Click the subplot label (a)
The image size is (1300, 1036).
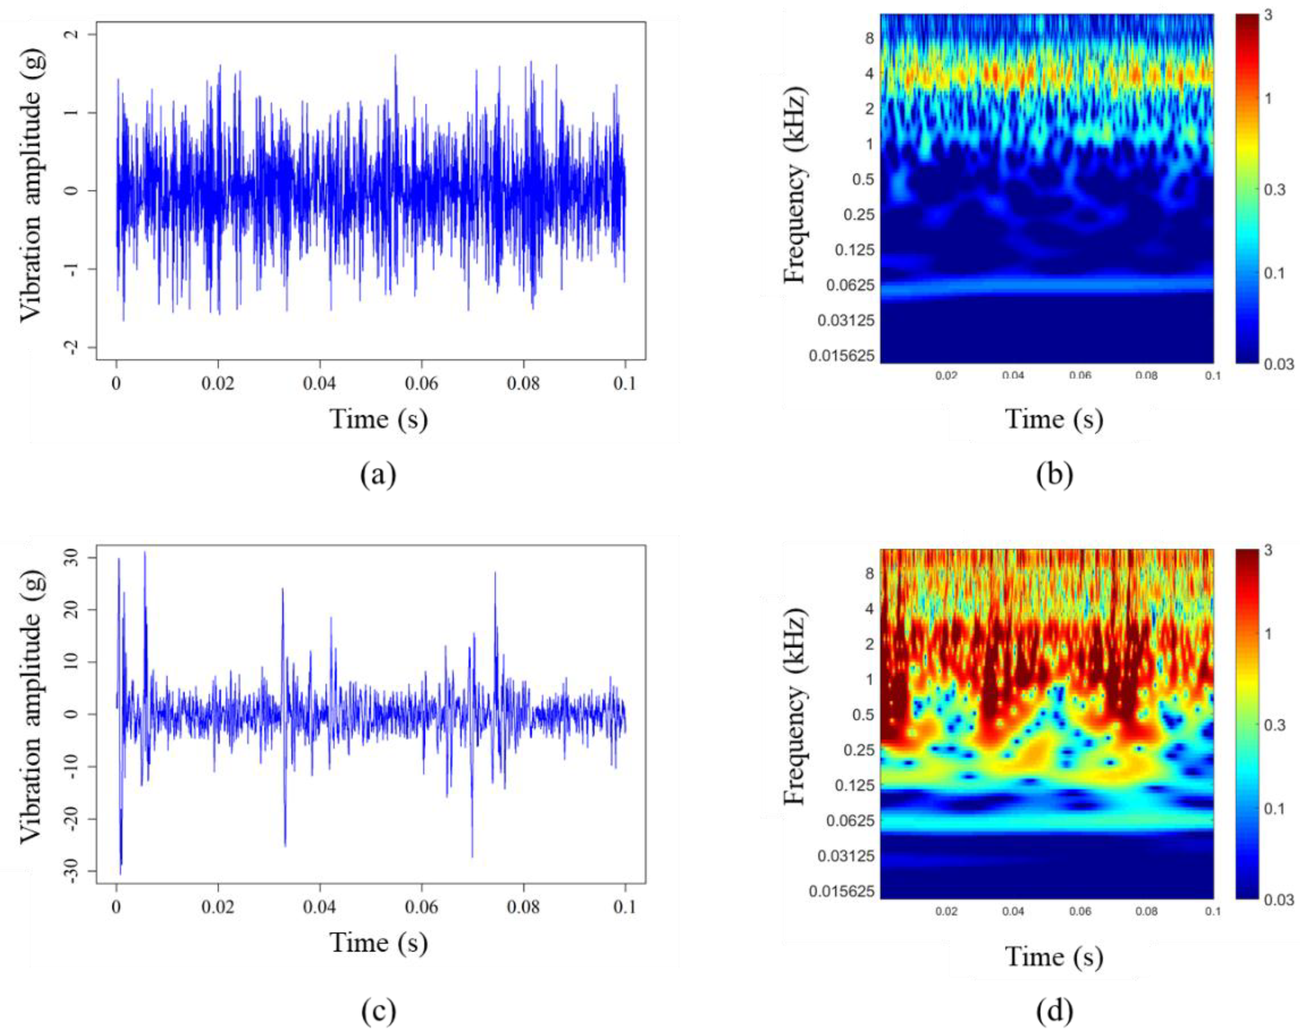point(378,475)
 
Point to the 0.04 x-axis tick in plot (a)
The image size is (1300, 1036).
point(319,383)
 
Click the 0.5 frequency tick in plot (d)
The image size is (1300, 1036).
point(864,714)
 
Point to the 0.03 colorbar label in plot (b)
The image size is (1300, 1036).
point(1278,364)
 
